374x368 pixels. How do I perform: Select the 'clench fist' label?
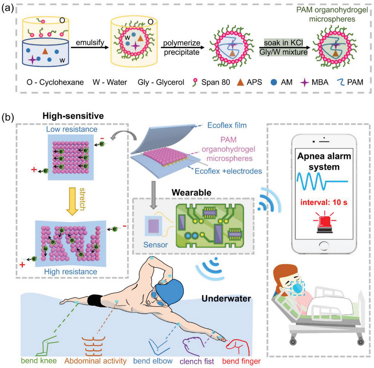[197, 362]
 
